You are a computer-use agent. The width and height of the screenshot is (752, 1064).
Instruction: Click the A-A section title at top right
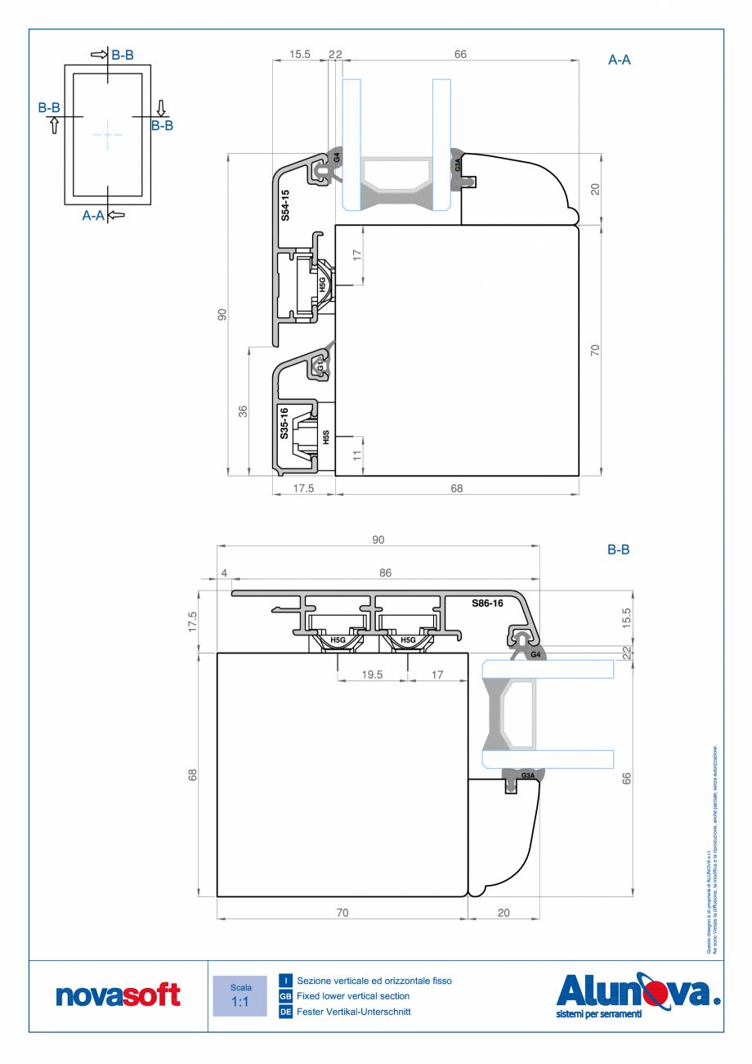point(620,60)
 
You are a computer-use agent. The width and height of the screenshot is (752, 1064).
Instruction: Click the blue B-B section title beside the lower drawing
point(618,550)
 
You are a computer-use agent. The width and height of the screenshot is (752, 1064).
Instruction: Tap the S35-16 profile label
point(283,423)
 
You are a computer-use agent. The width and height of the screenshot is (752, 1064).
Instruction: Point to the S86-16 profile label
point(487,603)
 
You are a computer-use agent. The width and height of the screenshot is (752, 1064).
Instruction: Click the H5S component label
point(325,437)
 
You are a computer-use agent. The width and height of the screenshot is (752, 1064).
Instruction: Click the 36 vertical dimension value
point(243,411)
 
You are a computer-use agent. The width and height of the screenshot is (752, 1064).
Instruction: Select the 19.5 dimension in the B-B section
point(373,675)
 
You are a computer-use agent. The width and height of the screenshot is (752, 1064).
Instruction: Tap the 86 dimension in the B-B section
point(385,573)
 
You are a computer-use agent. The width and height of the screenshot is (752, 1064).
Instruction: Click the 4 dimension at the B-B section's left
point(224,573)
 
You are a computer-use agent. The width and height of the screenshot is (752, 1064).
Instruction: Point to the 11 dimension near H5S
point(356,456)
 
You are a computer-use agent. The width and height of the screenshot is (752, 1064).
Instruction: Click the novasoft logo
point(118,995)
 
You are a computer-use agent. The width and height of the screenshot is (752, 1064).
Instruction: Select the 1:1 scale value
point(239,1002)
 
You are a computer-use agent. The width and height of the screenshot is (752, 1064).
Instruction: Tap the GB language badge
point(285,996)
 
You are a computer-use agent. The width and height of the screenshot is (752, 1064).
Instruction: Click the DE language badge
point(285,1012)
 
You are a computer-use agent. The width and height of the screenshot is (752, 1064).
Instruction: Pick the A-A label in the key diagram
point(93,215)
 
